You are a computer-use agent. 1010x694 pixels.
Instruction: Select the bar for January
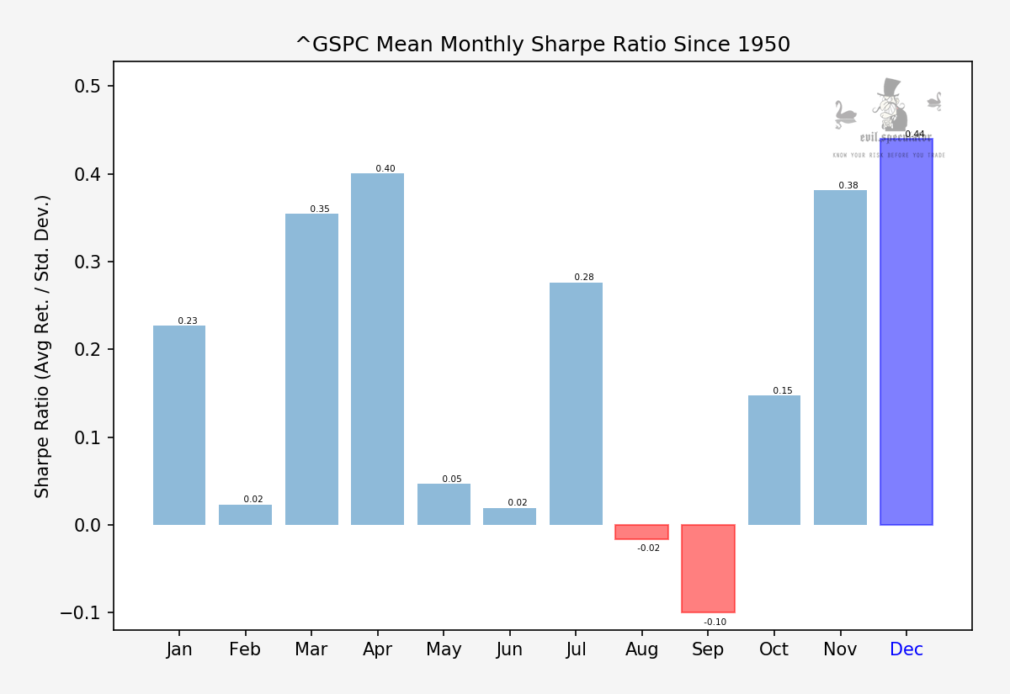pyautogui.click(x=179, y=425)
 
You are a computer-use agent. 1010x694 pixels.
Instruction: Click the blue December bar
pyautogui.click(x=906, y=331)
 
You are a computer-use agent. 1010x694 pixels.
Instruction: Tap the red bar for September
pyautogui.click(x=708, y=569)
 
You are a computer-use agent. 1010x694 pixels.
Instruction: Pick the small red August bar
pyautogui.click(x=641, y=532)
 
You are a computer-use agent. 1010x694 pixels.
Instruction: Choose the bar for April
pyautogui.click(x=377, y=349)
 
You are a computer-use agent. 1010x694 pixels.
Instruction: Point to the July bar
pyautogui.click(x=576, y=404)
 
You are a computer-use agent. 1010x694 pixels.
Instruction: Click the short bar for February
pyautogui.click(x=245, y=515)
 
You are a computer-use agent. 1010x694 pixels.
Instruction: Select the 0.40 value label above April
pyautogui.click(x=385, y=169)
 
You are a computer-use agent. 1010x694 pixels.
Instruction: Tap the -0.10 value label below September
pyautogui.click(x=715, y=622)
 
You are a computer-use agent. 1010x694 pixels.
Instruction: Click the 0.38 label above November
pyautogui.click(x=848, y=186)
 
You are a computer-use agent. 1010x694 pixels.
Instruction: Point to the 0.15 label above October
pyautogui.click(x=782, y=391)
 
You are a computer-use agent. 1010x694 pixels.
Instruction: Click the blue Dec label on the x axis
pyautogui.click(x=906, y=649)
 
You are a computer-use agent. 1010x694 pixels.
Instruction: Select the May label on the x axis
pyautogui.click(x=444, y=649)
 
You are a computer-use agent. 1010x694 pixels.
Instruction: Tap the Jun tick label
pyautogui.click(x=509, y=649)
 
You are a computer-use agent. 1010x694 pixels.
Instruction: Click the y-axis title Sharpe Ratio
pyautogui.click(x=43, y=346)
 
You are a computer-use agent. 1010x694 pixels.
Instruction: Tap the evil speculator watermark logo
pyautogui.click(x=889, y=118)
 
